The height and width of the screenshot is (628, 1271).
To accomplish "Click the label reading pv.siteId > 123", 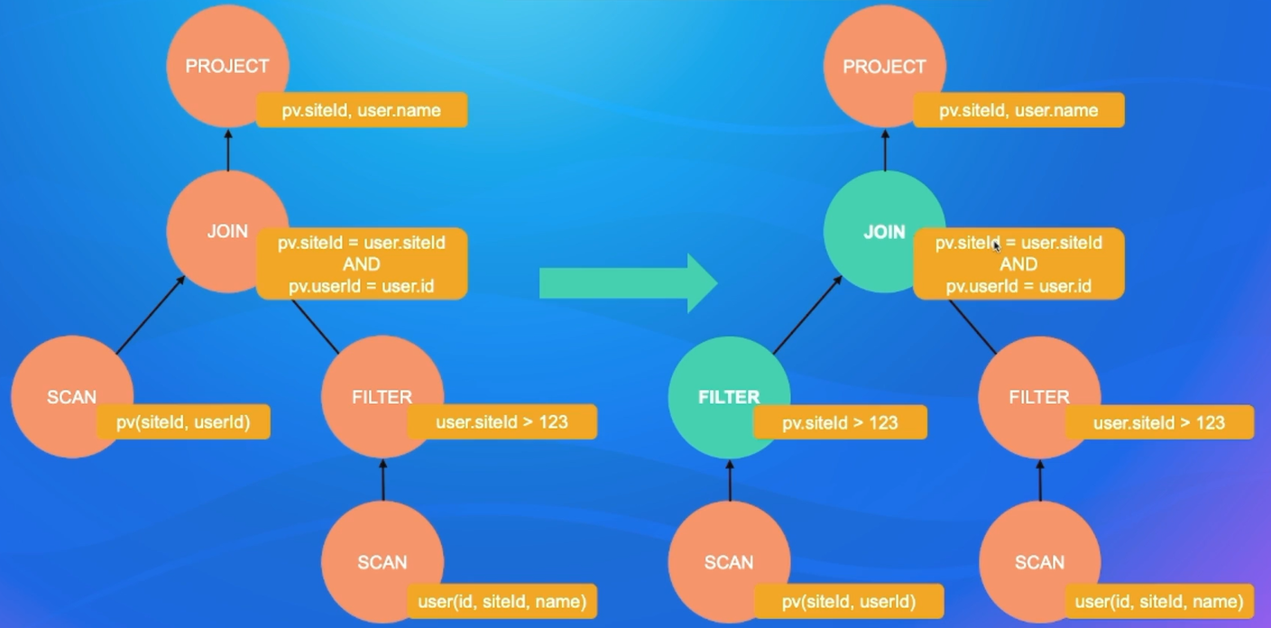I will coord(840,422).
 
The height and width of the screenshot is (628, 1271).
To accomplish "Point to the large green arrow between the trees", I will coord(628,283).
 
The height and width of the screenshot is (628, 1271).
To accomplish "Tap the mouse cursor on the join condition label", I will coord(996,245).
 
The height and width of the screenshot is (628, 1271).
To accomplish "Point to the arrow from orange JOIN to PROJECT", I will coord(227,150).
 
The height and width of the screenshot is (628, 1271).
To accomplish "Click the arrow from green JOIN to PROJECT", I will coord(885,150).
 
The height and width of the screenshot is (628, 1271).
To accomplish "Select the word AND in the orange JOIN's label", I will coord(361,264).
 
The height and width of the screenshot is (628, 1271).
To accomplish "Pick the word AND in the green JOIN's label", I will coord(1018,264).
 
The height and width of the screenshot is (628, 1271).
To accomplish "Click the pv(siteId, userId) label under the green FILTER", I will coord(849,601).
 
